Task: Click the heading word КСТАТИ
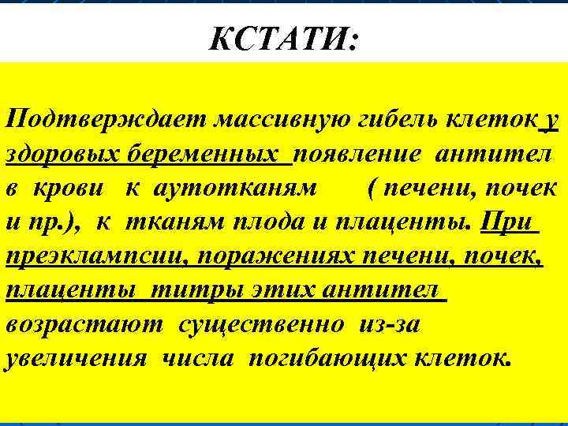(282, 39)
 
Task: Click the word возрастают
(85, 323)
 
